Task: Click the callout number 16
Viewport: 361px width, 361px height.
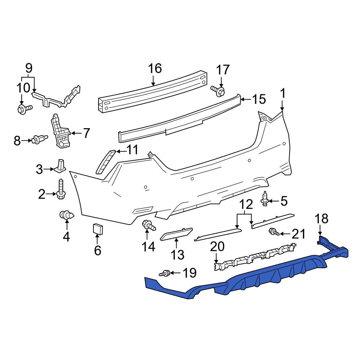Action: [155, 68]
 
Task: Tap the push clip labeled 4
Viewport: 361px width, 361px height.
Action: [67, 216]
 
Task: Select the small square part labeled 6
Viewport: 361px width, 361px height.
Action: [98, 229]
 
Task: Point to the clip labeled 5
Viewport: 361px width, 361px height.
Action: [265, 199]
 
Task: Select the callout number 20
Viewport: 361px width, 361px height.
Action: [217, 247]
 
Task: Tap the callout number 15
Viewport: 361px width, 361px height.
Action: [258, 99]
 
